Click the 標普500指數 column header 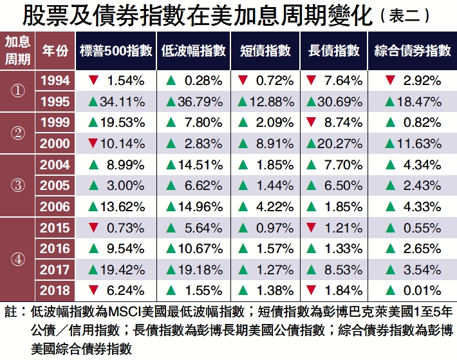point(117,50)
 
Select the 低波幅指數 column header point(194,50)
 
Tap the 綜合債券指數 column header point(413,50)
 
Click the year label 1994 point(55,81)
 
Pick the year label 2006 point(55,207)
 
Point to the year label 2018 point(55,290)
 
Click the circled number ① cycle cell point(18,91)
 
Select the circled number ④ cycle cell point(18,259)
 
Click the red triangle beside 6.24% point(93,290)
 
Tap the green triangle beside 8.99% point(93,165)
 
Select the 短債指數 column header point(265,50)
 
